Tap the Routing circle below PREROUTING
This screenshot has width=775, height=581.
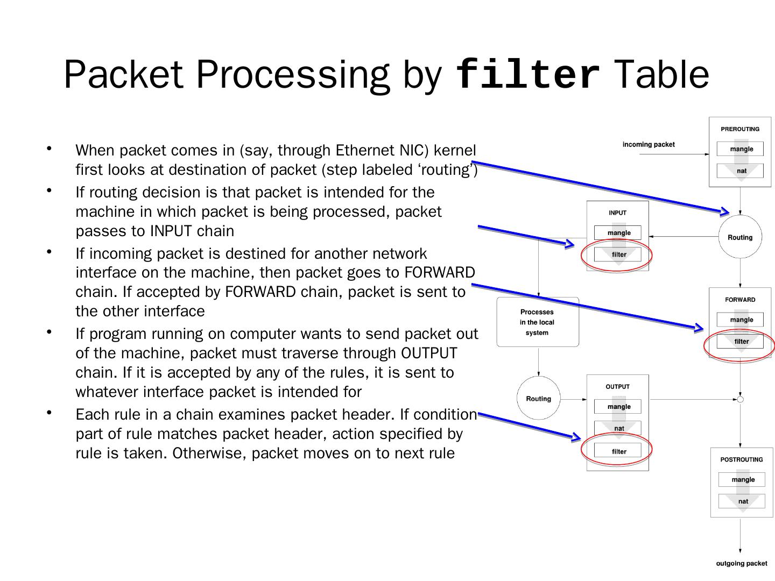click(x=740, y=237)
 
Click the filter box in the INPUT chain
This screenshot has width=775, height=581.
click(x=618, y=254)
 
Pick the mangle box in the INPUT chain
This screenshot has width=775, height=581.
click(x=618, y=233)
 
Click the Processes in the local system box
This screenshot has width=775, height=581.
click(x=537, y=322)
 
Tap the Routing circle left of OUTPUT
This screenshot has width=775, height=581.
click(x=538, y=399)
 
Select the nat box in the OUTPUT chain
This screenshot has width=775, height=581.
click(x=618, y=428)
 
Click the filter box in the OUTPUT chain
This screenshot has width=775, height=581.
click(x=618, y=451)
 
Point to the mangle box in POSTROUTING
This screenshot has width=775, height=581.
click(x=742, y=479)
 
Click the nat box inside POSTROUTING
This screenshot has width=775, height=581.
click(x=742, y=501)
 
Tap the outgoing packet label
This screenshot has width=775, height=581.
click(x=741, y=563)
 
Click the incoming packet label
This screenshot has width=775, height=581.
click(x=648, y=144)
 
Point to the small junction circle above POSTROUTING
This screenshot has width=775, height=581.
click(x=740, y=399)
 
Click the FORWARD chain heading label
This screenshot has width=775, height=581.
click(x=739, y=300)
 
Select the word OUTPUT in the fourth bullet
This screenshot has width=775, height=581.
click(x=429, y=353)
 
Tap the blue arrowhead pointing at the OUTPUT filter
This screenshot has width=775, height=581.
click(x=576, y=437)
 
